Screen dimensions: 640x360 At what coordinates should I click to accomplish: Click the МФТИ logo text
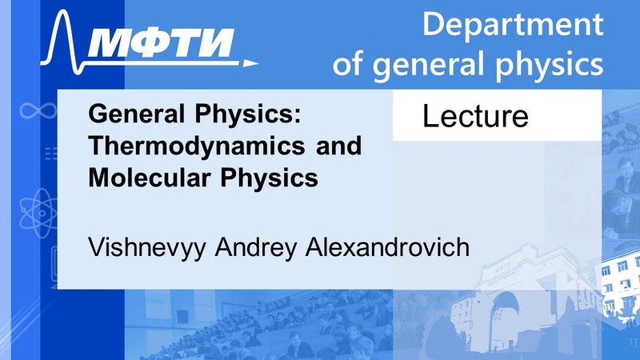pyautogui.click(x=161, y=43)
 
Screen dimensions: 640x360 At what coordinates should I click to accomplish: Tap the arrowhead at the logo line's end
pyautogui.click(x=250, y=63)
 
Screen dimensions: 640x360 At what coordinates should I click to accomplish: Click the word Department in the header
pyautogui.click(x=513, y=25)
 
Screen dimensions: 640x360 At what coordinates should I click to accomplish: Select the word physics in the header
pyautogui.click(x=549, y=64)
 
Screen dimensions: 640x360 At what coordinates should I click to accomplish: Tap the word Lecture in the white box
pyautogui.click(x=475, y=116)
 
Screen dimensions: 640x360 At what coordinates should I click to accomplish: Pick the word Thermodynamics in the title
pyautogui.click(x=197, y=146)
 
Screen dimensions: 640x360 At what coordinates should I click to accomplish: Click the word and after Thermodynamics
pyautogui.click(x=338, y=146)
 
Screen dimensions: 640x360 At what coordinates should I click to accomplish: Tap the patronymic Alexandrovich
pyautogui.click(x=387, y=247)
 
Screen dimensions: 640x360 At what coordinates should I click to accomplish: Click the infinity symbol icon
pyautogui.click(x=38, y=110)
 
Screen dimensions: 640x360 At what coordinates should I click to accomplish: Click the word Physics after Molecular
pyautogui.click(x=270, y=178)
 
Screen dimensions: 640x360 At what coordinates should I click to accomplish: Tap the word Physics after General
pyautogui.click(x=248, y=114)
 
